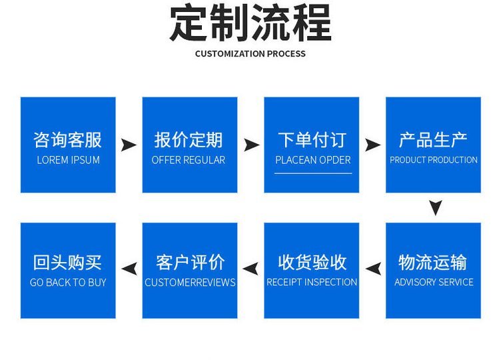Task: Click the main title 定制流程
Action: tap(250, 23)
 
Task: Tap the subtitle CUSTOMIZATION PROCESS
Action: tap(250, 53)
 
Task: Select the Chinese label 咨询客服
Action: tap(68, 140)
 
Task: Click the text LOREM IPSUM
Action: tap(69, 160)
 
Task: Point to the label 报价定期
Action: tap(189, 140)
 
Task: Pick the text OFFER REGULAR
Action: tap(189, 160)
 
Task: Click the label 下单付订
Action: tap(312, 140)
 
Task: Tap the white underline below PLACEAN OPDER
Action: tap(313, 173)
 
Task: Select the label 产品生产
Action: tap(433, 140)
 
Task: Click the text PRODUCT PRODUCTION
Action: tap(434, 160)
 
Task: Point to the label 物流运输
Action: tap(433, 262)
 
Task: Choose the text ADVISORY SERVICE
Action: tap(434, 282)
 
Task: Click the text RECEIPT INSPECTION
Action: tap(312, 282)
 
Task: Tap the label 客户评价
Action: tap(191, 262)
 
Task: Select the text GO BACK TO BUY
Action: tap(68, 282)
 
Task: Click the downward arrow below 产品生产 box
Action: tap(436, 207)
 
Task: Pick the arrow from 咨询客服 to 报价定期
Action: tap(129, 145)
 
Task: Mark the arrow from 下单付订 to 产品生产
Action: tap(372, 145)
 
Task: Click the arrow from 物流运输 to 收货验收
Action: tap(374, 269)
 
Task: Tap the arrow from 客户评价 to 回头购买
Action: tap(129, 269)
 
